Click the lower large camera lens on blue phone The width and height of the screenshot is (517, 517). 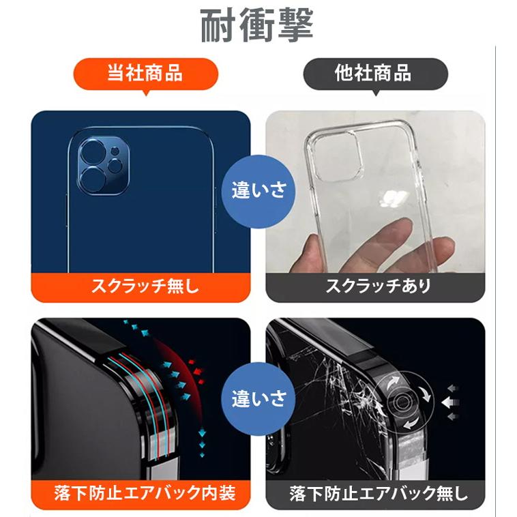coord(91,180)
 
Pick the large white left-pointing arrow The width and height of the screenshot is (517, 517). coord(449,402)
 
